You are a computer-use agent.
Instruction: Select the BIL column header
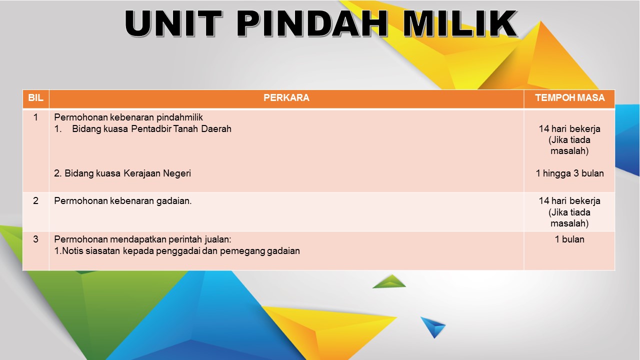tap(35, 97)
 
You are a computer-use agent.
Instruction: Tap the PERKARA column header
tap(286, 97)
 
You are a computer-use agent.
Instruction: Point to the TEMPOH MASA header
tap(569, 97)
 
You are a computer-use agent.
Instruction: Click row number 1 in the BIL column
tap(35, 117)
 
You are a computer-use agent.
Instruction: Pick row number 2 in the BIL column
tap(35, 200)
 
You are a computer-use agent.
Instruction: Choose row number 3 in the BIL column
tap(35, 239)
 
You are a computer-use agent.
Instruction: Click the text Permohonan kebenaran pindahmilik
tap(128, 117)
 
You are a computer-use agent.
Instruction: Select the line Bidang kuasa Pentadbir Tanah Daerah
tap(151, 129)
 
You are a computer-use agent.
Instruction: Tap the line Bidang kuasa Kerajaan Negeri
tap(127, 173)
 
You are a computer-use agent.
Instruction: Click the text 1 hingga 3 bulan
tap(569, 173)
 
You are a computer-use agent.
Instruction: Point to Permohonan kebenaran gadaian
tap(122, 201)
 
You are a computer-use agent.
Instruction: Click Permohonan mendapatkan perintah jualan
tap(142, 239)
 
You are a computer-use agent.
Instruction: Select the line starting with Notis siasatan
tap(177, 251)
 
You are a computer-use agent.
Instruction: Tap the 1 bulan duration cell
tap(569, 239)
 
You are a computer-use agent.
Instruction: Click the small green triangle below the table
tap(389, 282)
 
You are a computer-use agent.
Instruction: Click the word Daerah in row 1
tap(216, 129)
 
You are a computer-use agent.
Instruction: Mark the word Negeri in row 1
tap(177, 173)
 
